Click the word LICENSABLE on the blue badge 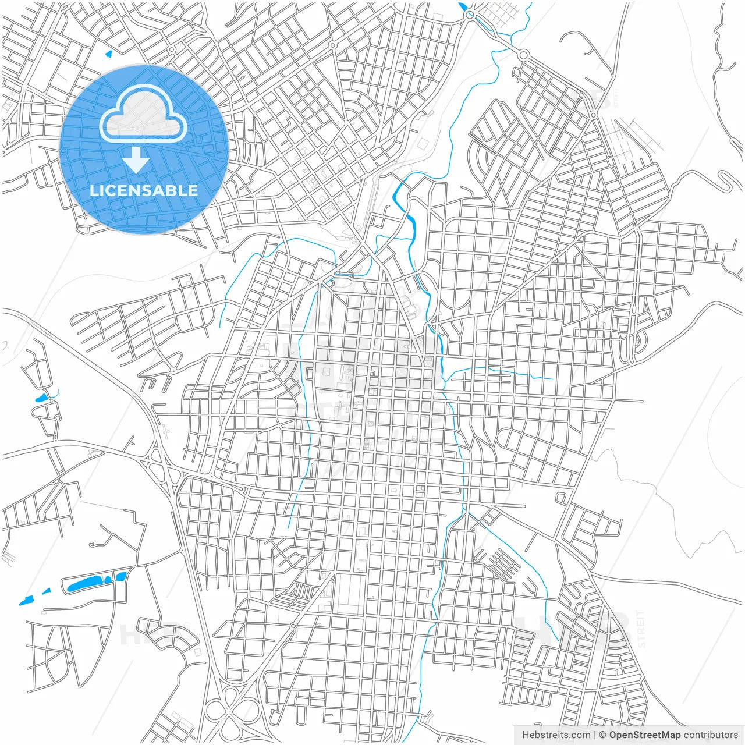[x=144, y=190]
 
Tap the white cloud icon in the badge [x=143, y=114]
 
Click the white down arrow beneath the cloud [x=136, y=160]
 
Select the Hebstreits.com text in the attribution [x=556, y=735]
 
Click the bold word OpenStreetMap [x=644, y=735]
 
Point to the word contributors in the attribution [x=711, y=735]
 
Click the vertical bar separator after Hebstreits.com [x=594, y=735]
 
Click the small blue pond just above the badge [x=108, y=55]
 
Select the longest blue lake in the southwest [x=84, y=583]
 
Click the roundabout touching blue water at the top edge [x=469, y=16]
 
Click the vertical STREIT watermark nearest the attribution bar [x=641, y=629]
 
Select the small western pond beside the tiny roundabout [x=41, y=399]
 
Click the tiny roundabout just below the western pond [x=58, y=417]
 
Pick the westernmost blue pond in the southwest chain [x=26, y=601]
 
